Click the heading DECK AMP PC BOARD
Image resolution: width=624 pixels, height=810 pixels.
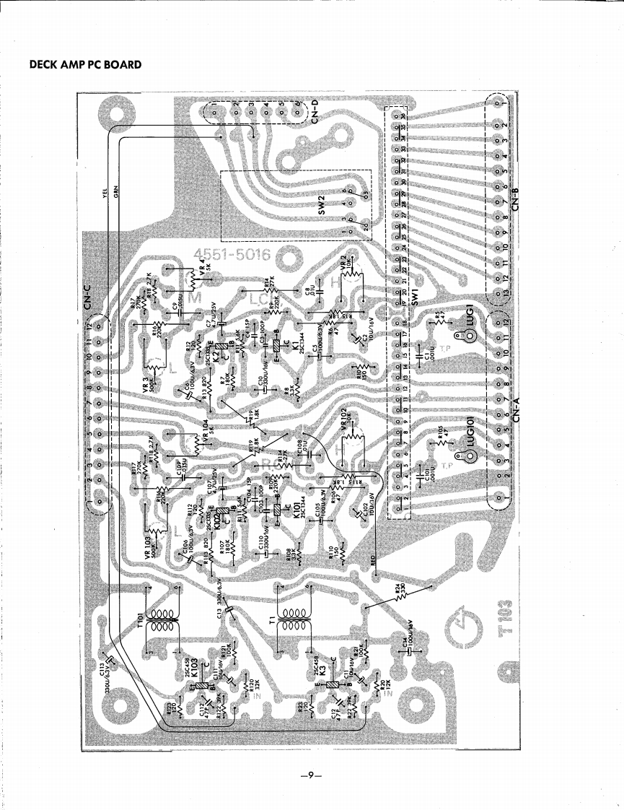coord(85,64)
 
